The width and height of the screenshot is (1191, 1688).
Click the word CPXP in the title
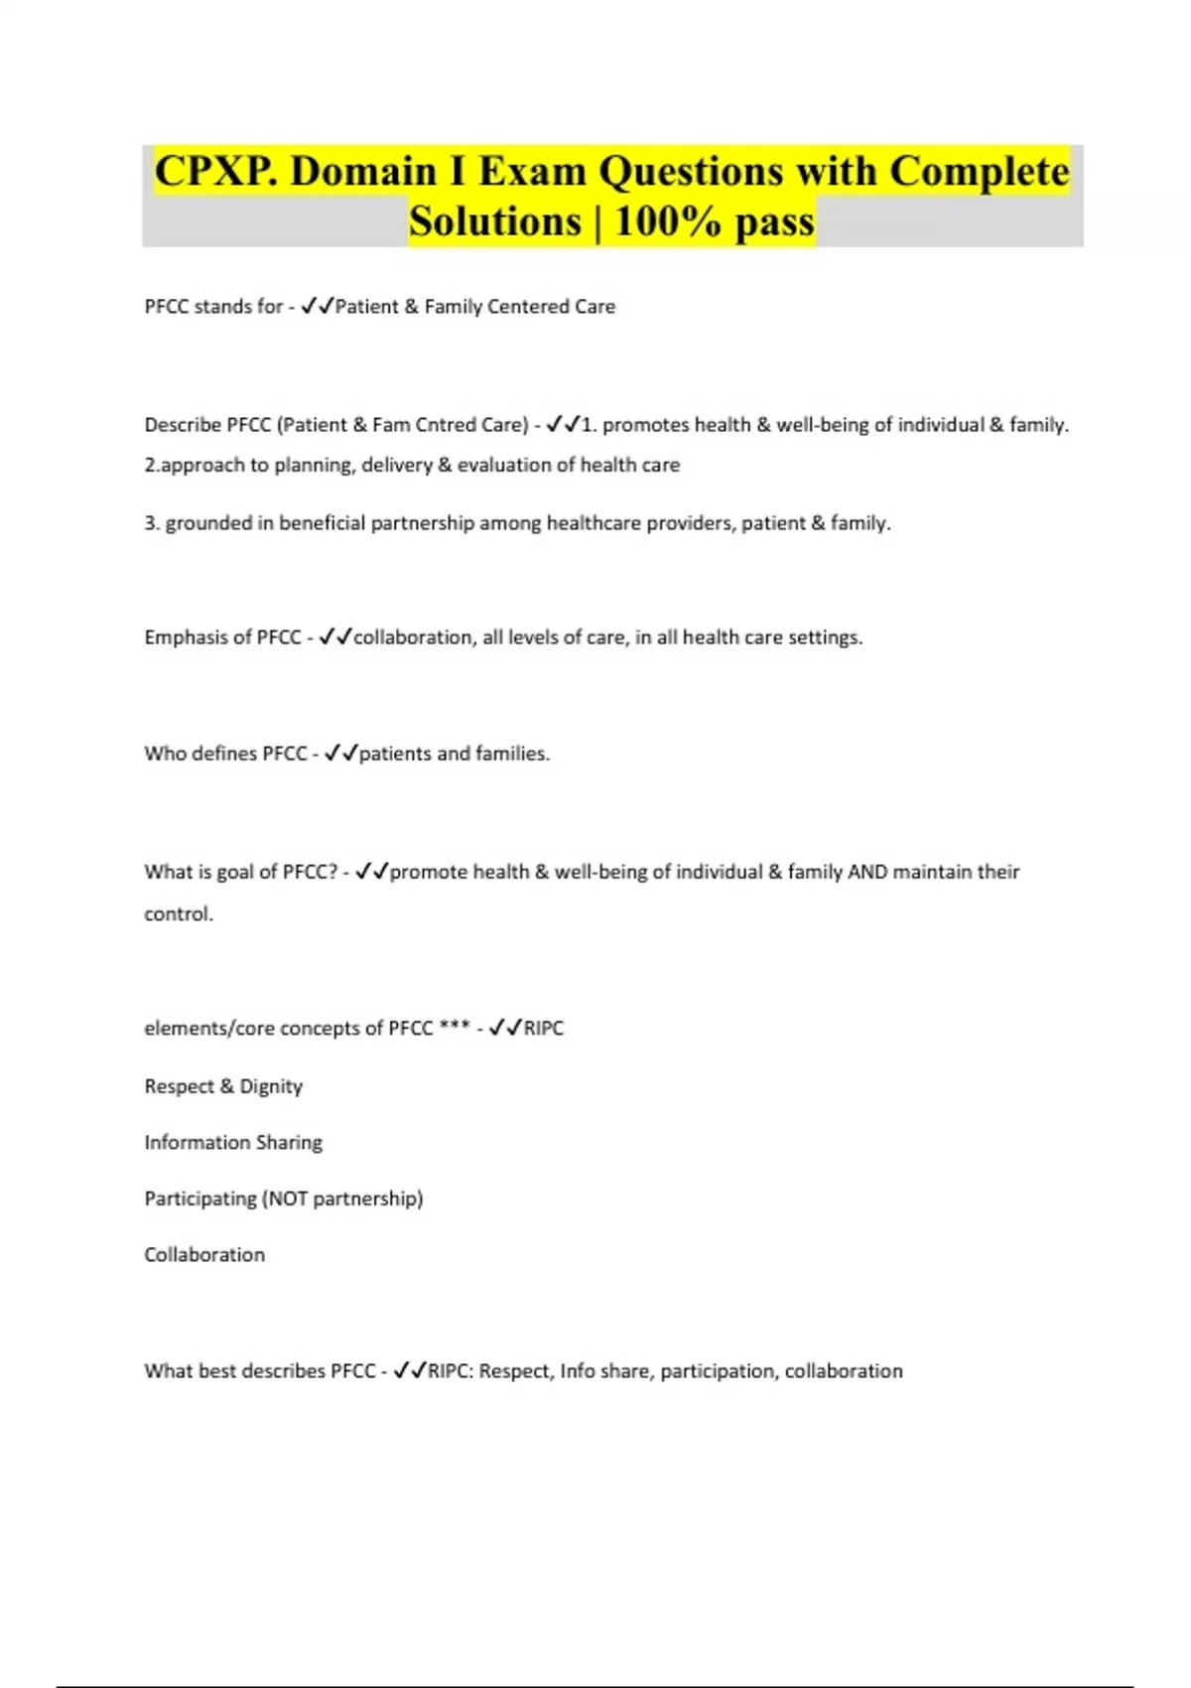pos(214,172)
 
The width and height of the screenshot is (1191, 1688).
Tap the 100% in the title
pos(668,221)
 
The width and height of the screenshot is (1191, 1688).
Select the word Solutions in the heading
pos(495,221)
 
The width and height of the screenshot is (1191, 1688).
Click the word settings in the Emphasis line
pos(825,637)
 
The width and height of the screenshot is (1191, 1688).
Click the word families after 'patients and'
pos(512,754)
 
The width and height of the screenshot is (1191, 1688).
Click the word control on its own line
pos(178,914)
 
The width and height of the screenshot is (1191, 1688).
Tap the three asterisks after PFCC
pos(455,1028)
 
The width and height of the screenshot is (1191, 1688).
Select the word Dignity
pos(271,1086)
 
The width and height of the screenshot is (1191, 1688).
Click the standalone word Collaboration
pos(204,1255)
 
